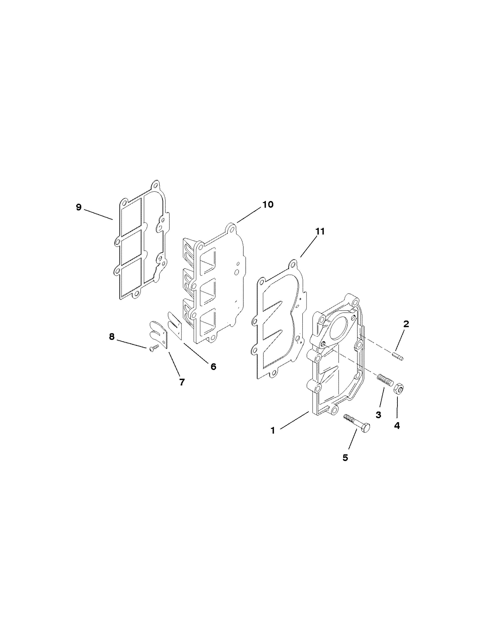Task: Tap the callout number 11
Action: [320, 232]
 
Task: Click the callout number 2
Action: [406, 324]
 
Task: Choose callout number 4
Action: [397, 426]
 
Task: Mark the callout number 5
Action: [345, 458]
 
